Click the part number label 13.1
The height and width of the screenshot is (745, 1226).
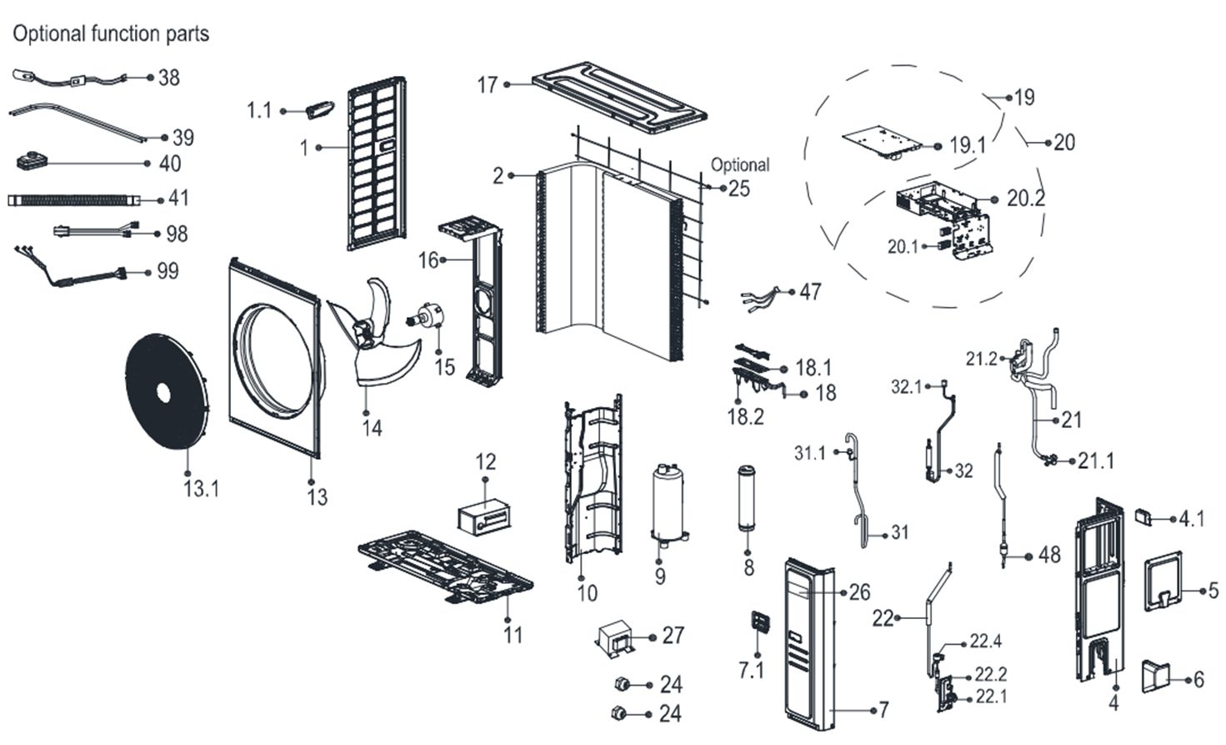(x=201, y=489)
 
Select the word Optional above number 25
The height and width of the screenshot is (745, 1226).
(x=739, y=165)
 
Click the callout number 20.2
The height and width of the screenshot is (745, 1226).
(x=1025, y=199)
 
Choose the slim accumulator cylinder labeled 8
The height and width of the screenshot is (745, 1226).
(x=747, y=501)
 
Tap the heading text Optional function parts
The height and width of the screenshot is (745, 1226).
(x=110, y=34)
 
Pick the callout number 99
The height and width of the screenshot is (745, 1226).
(x=168, y=271)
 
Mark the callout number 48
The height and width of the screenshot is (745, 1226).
(x=1048, y=555)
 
